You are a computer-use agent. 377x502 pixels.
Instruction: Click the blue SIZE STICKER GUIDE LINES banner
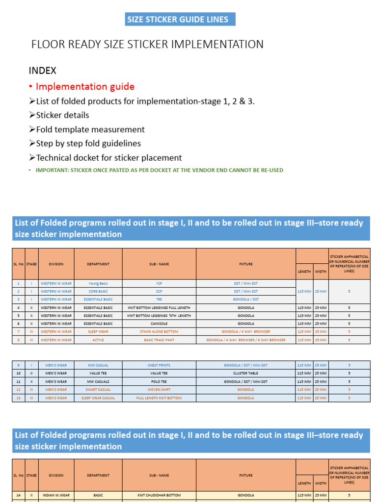(x=178, y=20)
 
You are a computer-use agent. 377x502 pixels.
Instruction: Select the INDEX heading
(x=42, y=71)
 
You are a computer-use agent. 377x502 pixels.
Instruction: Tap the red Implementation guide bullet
(x=85, y=87)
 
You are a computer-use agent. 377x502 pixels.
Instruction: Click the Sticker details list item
(x=62, y=115)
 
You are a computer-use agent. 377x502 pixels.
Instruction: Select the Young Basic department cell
(x=98, y=283)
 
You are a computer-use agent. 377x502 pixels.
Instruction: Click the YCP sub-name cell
(x=159, y=283)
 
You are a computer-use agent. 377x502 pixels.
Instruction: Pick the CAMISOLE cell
(x=159, y=324)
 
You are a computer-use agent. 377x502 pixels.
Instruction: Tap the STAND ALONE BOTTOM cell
(x=159, y=331)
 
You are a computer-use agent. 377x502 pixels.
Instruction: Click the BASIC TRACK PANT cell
(x=159, y=340)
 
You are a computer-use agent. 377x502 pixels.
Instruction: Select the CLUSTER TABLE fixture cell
(x=245, y=373)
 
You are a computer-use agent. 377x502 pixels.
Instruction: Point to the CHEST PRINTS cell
(x=159, y=365)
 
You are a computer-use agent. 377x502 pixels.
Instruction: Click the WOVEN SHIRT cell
(x=159, y=390)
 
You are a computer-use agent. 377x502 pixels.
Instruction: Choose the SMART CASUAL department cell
(x=98, y=390)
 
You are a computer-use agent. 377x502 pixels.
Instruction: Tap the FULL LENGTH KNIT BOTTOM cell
(x=159, y=398)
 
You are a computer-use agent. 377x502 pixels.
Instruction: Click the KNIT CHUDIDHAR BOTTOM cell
(x=159, y=496)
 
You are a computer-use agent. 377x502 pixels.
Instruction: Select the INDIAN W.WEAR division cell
(x=56, y=496)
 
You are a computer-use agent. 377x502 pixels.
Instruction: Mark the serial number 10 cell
(x=19, y=373)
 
